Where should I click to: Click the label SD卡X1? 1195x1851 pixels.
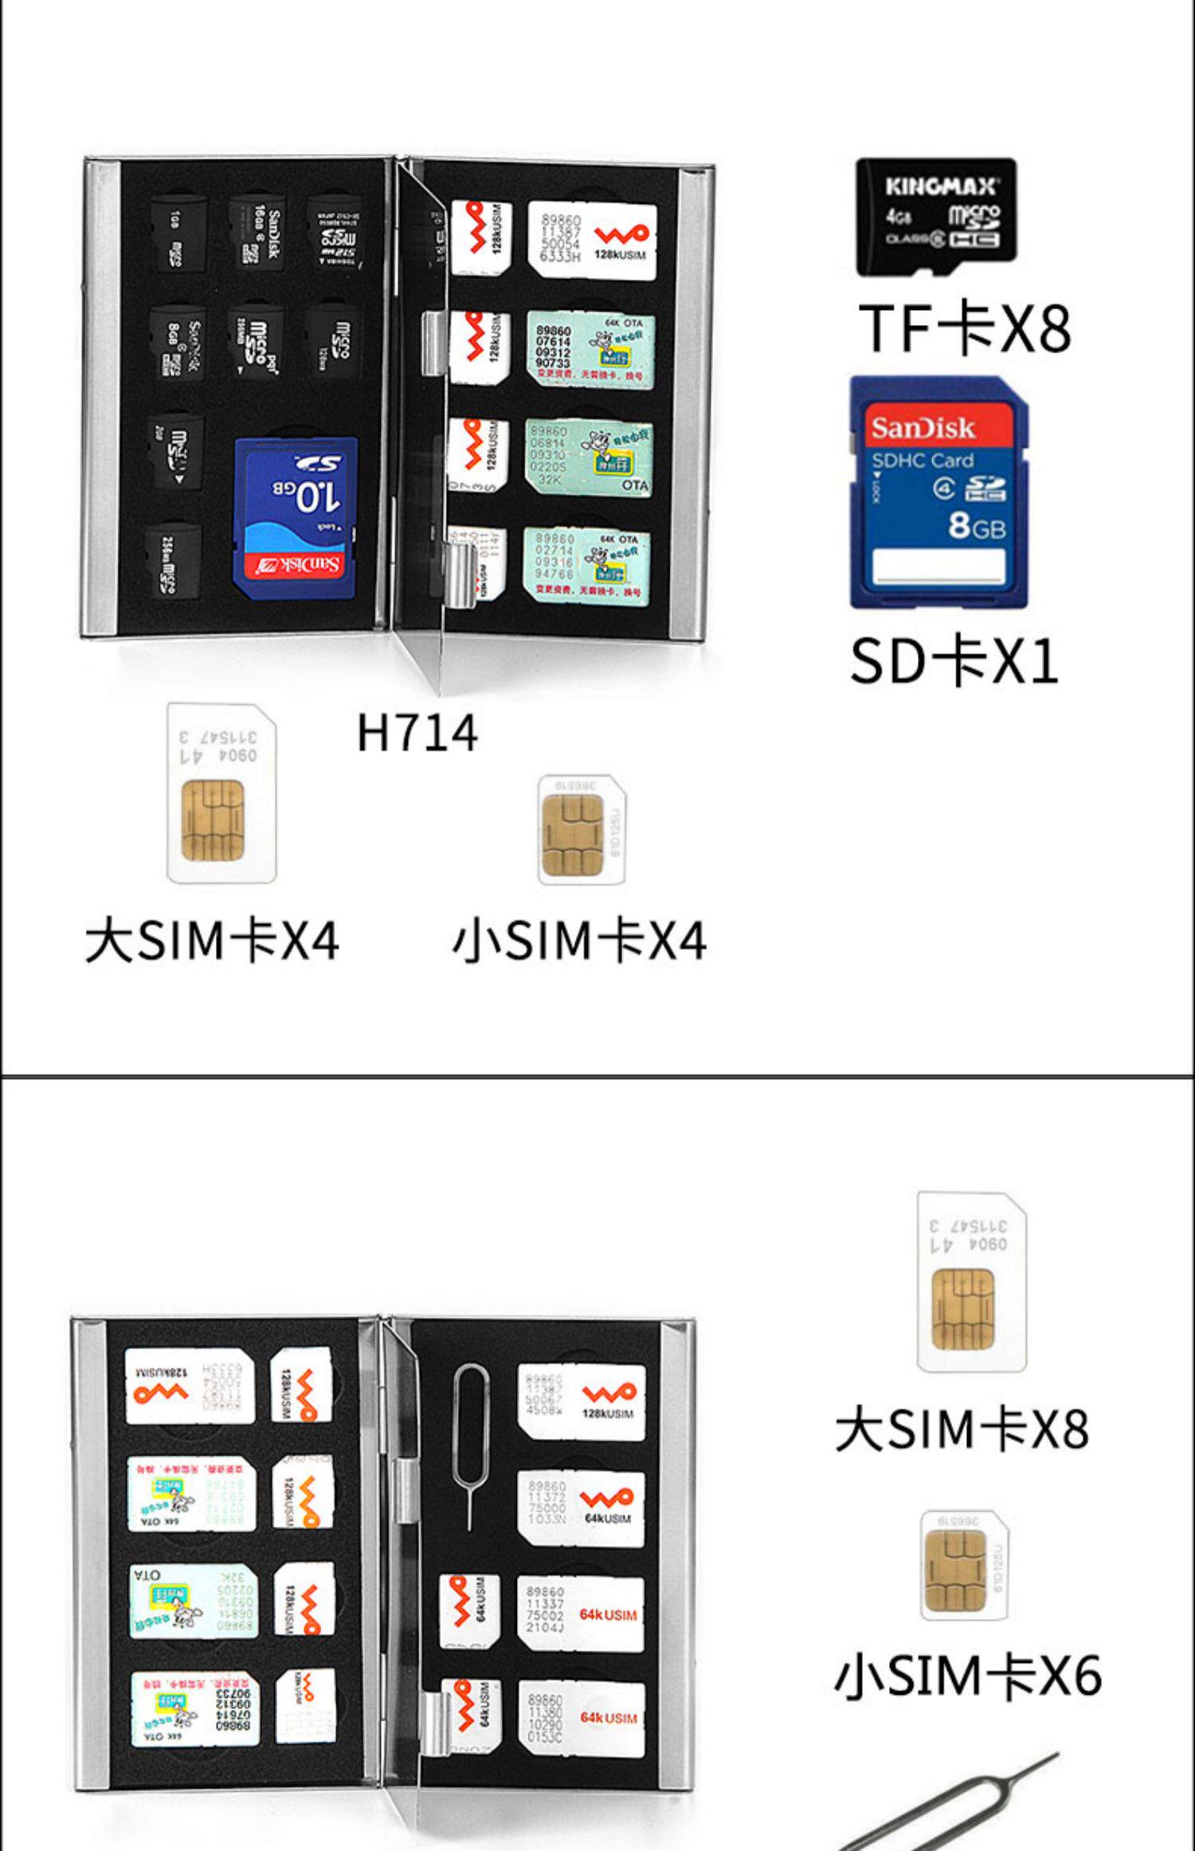[954, 661]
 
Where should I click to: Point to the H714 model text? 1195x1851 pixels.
[417, 733]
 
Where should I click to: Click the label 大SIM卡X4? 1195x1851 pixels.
[212, 941]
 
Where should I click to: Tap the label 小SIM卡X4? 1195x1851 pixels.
[579, 941]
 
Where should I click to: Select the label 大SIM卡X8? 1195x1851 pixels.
[962, 1429]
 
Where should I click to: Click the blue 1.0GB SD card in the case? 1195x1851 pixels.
[296, 518]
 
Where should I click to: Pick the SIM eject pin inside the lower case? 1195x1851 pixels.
[469, 1443]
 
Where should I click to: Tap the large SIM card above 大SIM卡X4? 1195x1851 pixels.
[221, 793]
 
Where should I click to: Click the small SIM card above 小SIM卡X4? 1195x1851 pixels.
[581, 830]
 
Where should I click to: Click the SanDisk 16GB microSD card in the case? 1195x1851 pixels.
[257, 233]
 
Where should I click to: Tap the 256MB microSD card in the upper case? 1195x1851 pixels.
[173, 560]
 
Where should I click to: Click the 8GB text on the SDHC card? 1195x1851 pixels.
[977, 527]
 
